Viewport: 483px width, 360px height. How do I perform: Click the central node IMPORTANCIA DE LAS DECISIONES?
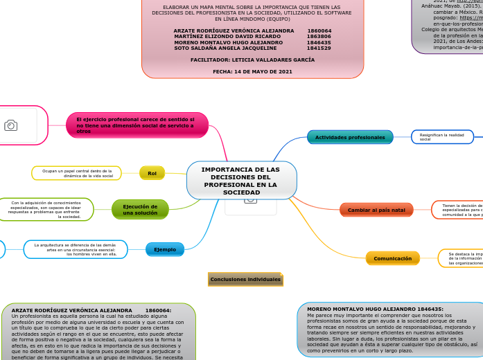(x=241, y=181)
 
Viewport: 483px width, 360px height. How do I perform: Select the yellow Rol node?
(x=152, y=173)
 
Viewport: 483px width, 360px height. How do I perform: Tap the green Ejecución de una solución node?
(x=140, y=209)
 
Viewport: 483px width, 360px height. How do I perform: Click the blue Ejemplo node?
(x=165, y=249)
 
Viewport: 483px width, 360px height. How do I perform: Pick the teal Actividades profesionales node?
(x=350, y=137)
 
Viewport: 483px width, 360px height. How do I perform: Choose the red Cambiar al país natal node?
(x=376, y=210)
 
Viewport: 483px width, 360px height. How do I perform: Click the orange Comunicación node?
(x=392, y=258)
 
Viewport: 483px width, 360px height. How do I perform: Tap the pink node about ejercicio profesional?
(x=137, y=125)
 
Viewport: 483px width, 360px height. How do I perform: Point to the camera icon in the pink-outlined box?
(x=10, y=125)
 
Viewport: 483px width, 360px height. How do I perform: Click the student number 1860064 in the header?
(x=319, y=31)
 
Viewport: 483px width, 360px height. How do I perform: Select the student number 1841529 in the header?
(x=319, y=48)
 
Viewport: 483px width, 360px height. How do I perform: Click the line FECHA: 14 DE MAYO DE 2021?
(x=252, y=71)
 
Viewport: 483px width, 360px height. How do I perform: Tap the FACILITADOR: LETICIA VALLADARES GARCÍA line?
(x=252, y=60)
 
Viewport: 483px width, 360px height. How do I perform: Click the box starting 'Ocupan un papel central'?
(x=77, y=173)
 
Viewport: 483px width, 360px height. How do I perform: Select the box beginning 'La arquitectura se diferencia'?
(x=76, y=249)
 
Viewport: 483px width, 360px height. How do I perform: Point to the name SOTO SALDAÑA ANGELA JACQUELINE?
(x=225, y=48)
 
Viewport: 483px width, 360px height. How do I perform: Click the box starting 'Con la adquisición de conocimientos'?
(x=46, y=209)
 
